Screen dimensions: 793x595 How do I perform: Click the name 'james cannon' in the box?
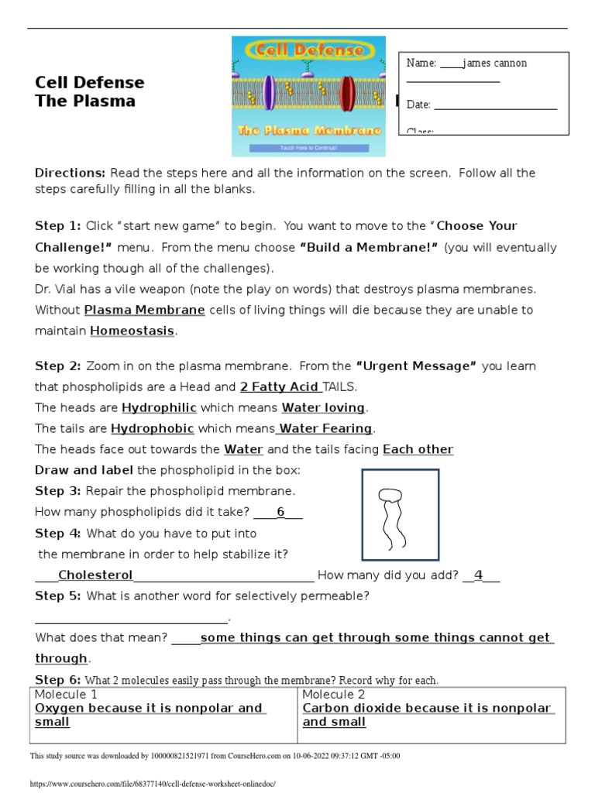[494, 63]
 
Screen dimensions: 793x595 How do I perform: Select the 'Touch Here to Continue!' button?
[309, 146]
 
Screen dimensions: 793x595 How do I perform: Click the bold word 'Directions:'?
[70, 173]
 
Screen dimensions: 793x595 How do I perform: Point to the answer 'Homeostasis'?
[132, 331]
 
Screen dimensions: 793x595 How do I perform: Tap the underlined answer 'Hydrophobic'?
[153, 428]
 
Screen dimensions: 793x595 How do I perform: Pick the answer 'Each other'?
[418, 449]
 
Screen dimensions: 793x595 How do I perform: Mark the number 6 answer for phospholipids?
[280, 512]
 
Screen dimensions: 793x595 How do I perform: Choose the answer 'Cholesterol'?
[95, 575]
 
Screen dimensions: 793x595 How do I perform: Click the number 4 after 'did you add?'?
[479, 575]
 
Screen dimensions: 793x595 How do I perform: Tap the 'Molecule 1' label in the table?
[67, 694]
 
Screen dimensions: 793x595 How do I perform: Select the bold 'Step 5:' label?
[58, 596]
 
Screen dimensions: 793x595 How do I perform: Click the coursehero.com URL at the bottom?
[153, 784]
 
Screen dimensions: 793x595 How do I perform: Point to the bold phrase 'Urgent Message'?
[416, 366]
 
